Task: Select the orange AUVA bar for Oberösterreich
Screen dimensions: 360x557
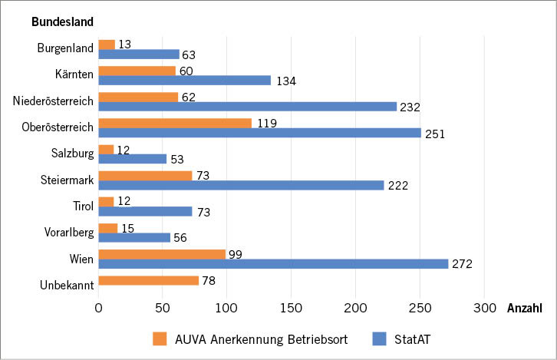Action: coord(175,123)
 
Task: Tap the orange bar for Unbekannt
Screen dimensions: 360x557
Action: coord(148,280)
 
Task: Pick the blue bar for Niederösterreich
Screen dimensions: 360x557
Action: coord(247,107)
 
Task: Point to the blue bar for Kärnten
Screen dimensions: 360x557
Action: coord(184,81)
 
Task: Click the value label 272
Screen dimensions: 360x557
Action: coord(462,265)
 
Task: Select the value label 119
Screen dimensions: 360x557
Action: coord(266,123)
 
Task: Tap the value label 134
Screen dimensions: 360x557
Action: coord(285,81)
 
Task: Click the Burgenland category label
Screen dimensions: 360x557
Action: coord(65,48)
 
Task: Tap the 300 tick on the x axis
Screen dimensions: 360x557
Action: coord(483,308)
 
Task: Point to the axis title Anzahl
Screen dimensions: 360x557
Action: coord(525,309)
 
